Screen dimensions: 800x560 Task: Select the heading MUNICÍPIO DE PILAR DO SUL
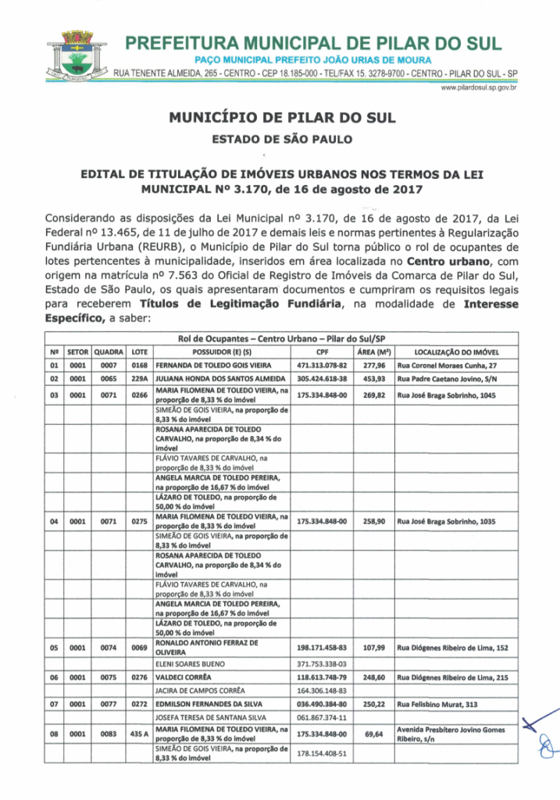pos(282,119)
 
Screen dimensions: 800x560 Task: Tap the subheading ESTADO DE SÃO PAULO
pos(282,141)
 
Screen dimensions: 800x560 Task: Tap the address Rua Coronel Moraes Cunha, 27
pos(447,365)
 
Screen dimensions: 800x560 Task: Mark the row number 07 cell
pos(54,705)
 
